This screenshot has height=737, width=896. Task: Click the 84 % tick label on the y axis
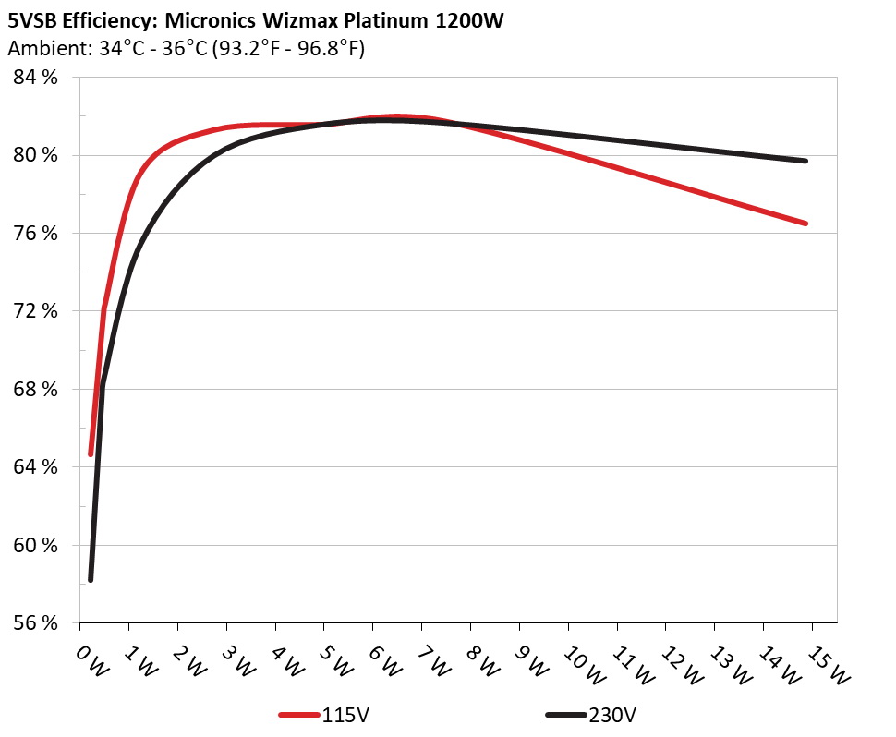pos(34,78)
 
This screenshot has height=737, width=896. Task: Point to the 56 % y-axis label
pos(34,622)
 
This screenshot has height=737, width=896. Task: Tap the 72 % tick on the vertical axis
pos(34,311)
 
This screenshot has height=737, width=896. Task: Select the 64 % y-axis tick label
pos(34,466)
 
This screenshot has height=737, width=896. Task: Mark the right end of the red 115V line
pos(806,224)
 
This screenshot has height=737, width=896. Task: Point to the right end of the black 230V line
pos(806,161)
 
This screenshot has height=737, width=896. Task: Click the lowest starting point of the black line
pos(91,579)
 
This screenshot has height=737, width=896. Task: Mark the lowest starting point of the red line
pos(91,453)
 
